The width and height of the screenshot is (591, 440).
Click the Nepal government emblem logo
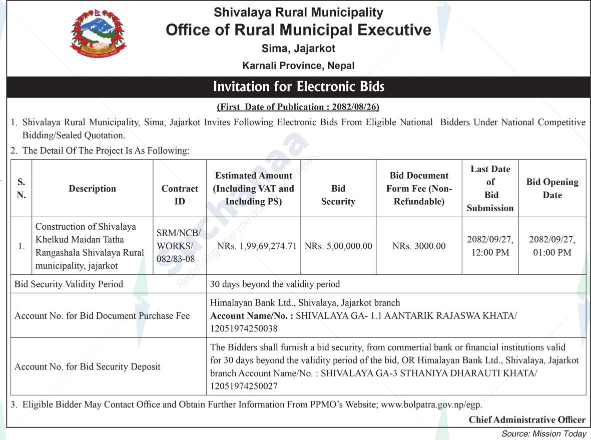(99, 34)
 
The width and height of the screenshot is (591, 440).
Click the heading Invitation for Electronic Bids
(298, 87)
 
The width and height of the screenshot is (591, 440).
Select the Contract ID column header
(180, 195)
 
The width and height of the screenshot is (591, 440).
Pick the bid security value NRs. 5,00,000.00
(338, 246)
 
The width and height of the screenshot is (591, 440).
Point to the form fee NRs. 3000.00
(419, 246)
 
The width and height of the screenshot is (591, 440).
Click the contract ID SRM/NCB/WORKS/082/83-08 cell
(179, 246)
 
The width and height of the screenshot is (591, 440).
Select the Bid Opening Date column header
(552, 188)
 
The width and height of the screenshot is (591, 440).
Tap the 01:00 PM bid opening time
(552, 253)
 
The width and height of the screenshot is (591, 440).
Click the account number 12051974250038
(244, 329)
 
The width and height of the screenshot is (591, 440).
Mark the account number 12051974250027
(244, 386)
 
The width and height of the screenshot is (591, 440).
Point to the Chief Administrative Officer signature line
(526, 419)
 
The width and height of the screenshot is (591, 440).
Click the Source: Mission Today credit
(543, 433)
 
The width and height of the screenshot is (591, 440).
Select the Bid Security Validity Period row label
(69, 284)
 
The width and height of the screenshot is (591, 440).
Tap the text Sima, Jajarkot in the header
(298, 49)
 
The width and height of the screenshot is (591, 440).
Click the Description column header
(92, 189)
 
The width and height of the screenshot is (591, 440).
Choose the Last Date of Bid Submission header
(490, 188)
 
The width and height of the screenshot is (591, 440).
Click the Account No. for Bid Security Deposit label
(88, 367)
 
